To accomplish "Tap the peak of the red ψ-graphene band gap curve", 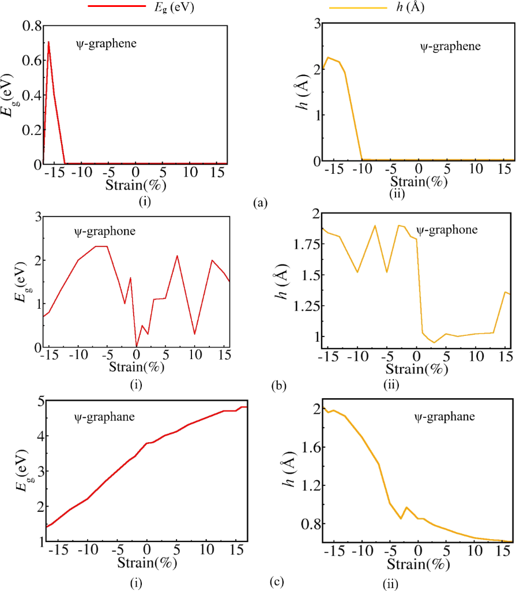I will click(x=48, y=42).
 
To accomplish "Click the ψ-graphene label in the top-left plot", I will click(x=106, y=43).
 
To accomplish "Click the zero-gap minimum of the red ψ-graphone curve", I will click(x=136, y=346).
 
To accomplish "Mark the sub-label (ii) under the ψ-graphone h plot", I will click(x=393, y=384).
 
